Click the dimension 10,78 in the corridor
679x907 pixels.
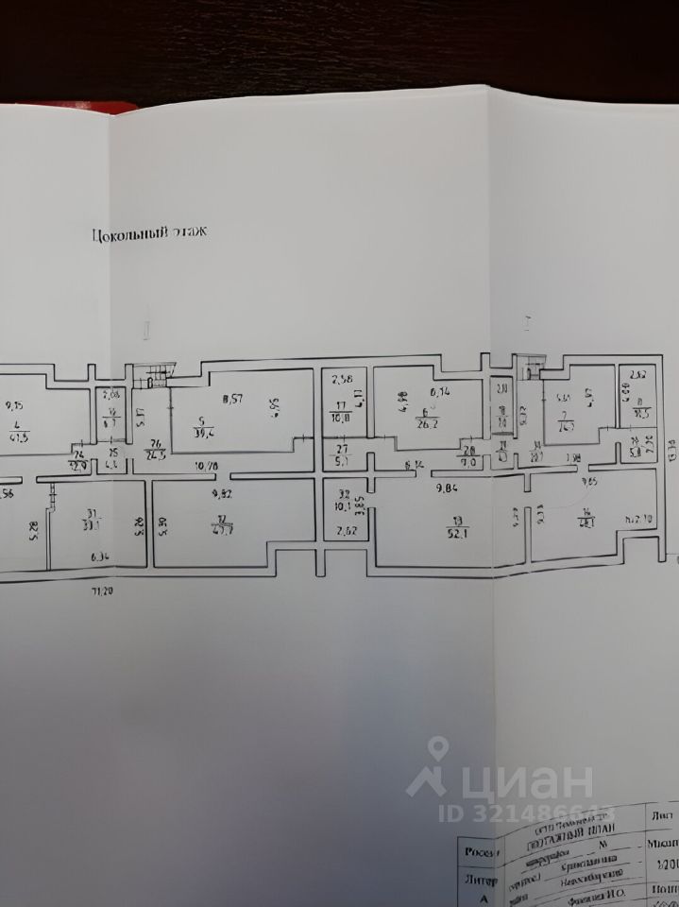pos(208,465)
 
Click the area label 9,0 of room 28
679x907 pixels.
pos(467,463)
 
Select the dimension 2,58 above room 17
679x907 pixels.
pos(342,381)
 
